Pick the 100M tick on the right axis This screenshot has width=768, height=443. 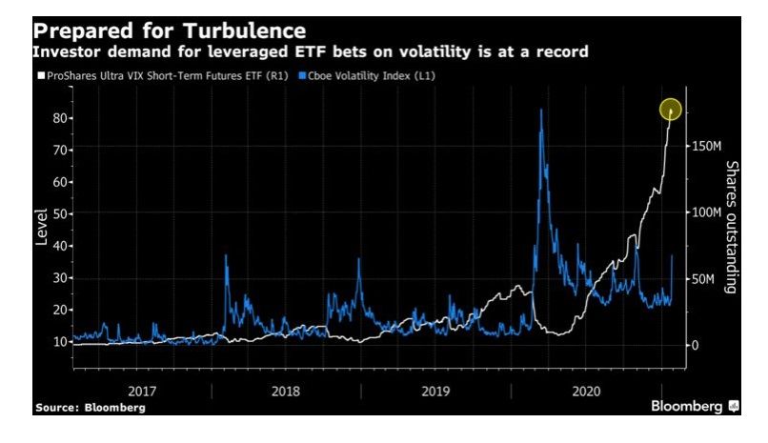(x=709, y=212)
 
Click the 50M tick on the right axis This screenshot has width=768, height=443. (x=706, y=279)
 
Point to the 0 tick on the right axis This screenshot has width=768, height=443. (x=697, y=345)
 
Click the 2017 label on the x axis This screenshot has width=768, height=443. (x=142, y=390)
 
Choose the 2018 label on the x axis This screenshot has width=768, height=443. (x=287, y=390)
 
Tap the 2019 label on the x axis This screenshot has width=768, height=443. (x=436, y=390)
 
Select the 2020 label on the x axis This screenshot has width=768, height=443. (x=586, y=390)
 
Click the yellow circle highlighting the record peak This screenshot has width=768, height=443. (x=671, y=111)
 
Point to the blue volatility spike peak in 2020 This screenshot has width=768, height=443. (x=541, y=111)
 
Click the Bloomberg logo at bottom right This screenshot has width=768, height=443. (x=694, y=407)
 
